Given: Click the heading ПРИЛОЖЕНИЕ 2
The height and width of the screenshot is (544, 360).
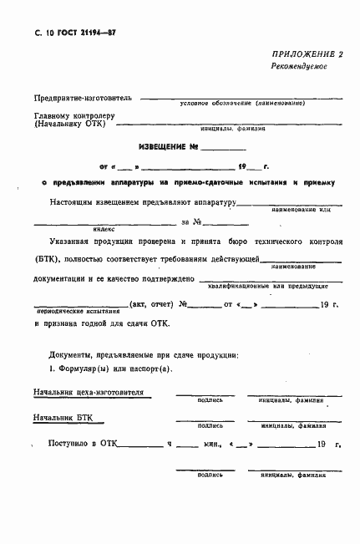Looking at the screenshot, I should click(307, 53).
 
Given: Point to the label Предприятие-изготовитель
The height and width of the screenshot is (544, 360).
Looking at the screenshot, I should click(76, 98).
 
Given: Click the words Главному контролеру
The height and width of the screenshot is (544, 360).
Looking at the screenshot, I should click(74, 115).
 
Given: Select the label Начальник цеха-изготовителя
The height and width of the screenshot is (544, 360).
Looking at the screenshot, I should click(88, 392).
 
